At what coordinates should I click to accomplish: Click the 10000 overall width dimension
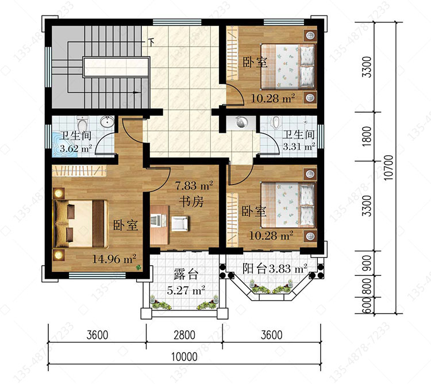pyautogui.click(x=184, y=357)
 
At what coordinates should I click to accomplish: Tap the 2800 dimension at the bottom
pyautogui.click(x=184, y=335)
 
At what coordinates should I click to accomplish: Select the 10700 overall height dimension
pyautogui.click(x=388, y=168)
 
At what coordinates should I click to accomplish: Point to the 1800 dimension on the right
pyautogui.click(x=367, y=136)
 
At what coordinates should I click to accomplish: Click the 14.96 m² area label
pyautogui.click(x=114, y=259)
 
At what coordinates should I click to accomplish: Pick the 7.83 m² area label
pyautogui.click(x=194, y=186)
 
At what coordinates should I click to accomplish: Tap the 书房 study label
pyautogui.click(x=191, y=201)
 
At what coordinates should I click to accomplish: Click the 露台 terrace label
pyautogui.click(x=186, y=274)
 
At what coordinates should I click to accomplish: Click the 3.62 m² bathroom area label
pyautogui.click(x=76, y=149)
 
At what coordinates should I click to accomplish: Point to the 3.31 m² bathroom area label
pyautogui.click(x=299, y=147)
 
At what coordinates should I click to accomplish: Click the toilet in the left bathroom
pyautogui.click(x=82, y=124)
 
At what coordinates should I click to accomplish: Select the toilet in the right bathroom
pyautogui.click(x=276, y=122)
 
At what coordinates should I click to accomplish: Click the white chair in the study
pyautogui.click(x=180, y=223)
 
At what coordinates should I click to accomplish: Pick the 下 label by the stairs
pyautogui.click(x=151, y=42)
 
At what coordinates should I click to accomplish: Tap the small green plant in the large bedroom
pyautogui.click(x=139, y=267)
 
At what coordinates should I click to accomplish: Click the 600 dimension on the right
pyautogui.click(x=367, y=306)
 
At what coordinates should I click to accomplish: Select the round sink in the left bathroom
pyautogui.click(x=107, y=122)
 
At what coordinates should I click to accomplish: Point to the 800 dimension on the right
pyautogui.click(x=367, y=286)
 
